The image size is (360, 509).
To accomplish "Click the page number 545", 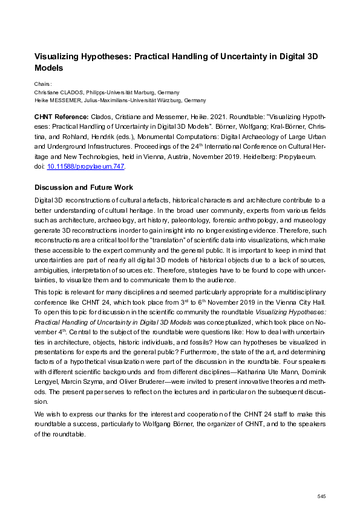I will click(321, 496).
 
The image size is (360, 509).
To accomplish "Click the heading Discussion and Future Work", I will click(83, 187).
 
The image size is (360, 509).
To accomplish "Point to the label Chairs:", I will click(43, 84).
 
